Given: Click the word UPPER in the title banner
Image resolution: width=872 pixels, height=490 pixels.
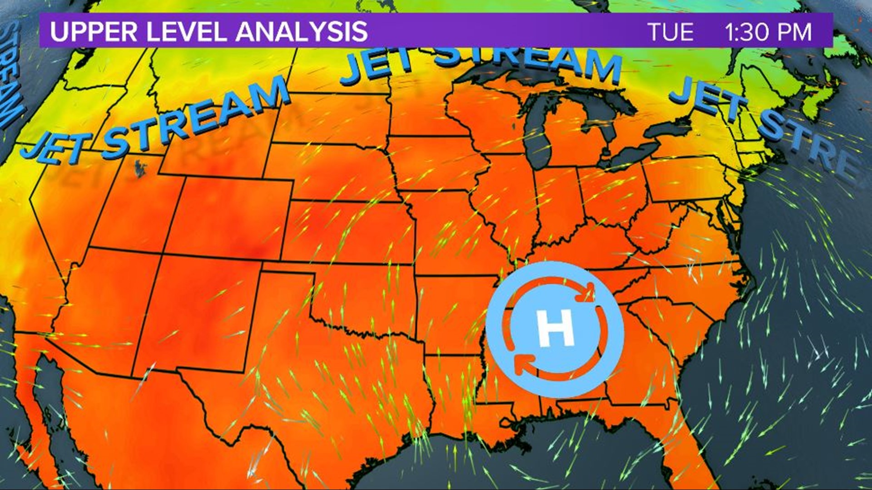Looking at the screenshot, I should (93, 32).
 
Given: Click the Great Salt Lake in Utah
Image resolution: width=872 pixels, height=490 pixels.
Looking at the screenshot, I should (140, 168).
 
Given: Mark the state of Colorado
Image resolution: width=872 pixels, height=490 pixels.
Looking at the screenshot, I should (232, 218).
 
